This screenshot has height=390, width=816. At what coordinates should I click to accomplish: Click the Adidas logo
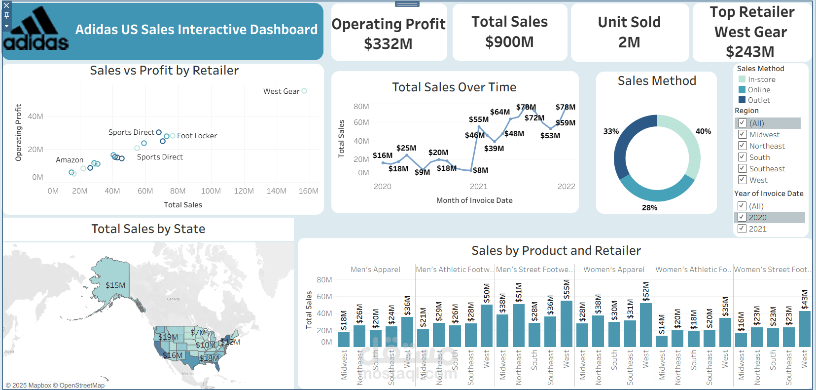(36, 30)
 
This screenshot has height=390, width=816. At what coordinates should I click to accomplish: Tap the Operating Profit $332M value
(388, 44)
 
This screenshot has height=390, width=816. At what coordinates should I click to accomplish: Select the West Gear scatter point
(304, 91)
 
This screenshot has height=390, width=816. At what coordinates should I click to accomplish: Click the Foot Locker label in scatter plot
(197, 136)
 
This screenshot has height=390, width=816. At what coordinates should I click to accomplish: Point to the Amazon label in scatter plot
(70, 160)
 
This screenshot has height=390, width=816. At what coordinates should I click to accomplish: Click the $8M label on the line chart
(480, 170)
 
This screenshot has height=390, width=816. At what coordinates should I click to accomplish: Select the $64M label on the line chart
(499, 112)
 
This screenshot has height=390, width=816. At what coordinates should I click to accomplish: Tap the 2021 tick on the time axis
(478, 187)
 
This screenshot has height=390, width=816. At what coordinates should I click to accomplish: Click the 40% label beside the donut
(703, 131)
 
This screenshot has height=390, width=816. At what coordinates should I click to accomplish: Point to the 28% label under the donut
(649, 208)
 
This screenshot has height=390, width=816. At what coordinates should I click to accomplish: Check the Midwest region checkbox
(742, 134)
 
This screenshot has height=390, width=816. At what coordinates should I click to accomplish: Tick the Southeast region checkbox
(742, 168)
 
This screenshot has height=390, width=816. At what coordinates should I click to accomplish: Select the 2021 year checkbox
(742, 229)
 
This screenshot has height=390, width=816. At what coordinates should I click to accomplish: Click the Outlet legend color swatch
(742, 100)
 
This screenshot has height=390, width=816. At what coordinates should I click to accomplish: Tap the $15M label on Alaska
(115, 285)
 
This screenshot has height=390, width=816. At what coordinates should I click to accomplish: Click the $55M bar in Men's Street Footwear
(566, 323)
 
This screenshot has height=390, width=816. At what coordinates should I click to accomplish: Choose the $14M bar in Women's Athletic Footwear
(662, 341)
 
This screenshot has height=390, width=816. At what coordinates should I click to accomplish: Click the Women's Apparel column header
(614, 270)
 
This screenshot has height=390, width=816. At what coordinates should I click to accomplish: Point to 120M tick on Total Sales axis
(244, 191)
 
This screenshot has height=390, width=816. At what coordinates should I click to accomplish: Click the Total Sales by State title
(148, 229)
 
